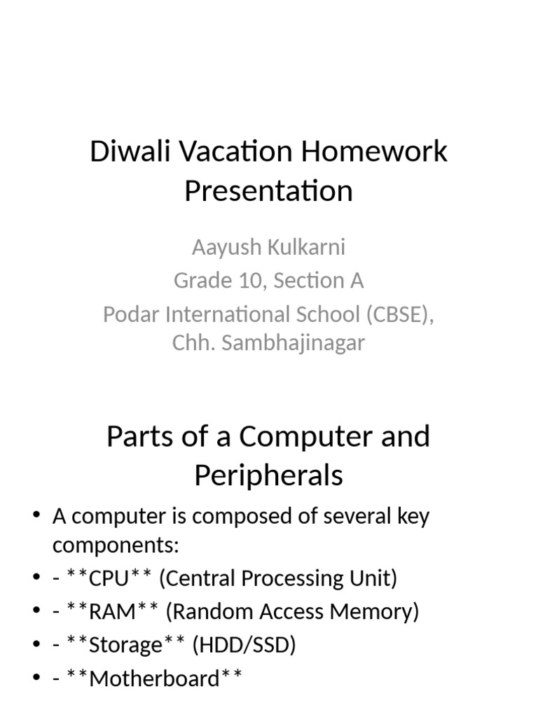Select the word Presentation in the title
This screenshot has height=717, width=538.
coord(268,190)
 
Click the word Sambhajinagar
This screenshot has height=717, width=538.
coord(300,343)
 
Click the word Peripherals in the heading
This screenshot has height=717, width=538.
coord(268,475)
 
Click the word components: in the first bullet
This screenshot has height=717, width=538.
coord(116,545)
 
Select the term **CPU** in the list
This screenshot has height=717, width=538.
coord(109,578)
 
